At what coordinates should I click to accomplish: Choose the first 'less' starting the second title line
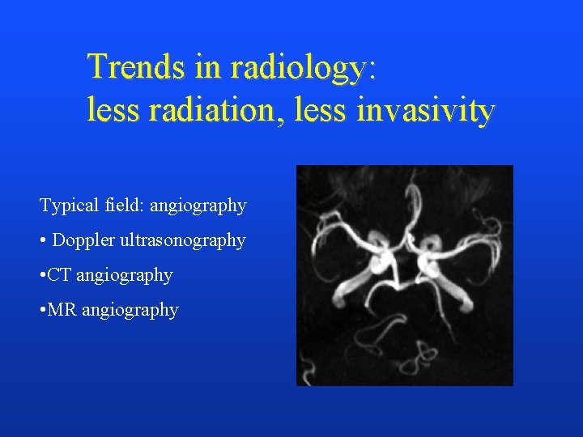point(112,111)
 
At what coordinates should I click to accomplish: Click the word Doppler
point(83,240)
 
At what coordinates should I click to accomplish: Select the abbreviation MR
point(62,310)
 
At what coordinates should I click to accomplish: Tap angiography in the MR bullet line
point(130,311)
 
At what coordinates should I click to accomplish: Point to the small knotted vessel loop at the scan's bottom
point(422,354)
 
